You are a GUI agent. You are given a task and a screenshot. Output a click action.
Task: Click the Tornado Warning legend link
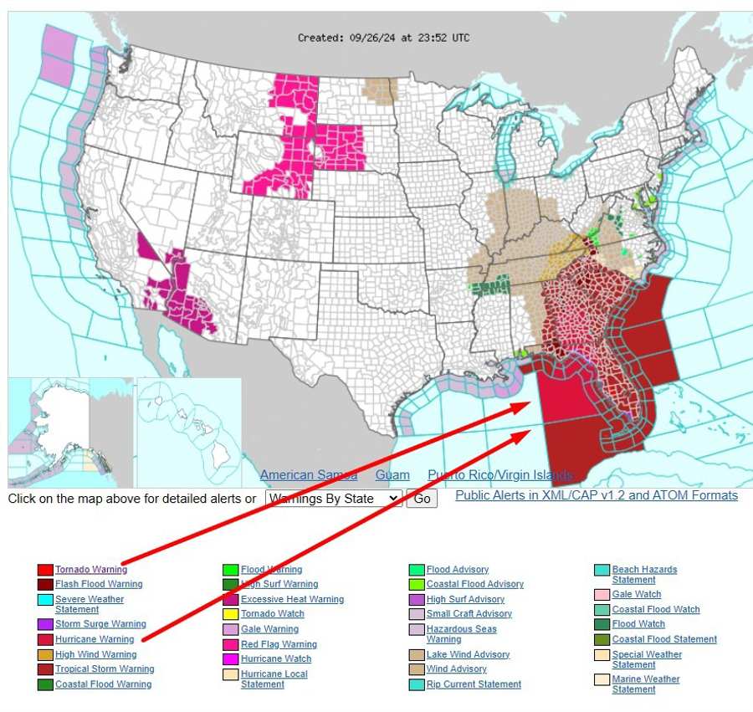coord(91,570)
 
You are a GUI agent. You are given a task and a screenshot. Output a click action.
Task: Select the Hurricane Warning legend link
coord(95,639)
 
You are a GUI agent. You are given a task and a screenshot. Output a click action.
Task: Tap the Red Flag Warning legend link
coord(279,644)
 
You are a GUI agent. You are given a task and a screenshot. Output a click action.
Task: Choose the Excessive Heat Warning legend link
coord(292,599)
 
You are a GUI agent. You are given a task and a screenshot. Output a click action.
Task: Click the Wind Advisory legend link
coord(456,668)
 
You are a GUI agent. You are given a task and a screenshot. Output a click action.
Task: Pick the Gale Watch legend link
coord(636,594)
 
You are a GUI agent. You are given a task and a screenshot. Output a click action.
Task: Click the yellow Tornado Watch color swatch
coord(230,614)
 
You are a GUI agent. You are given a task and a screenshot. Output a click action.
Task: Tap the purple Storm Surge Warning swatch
coord(45,624)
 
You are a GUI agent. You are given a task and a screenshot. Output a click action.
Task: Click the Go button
coord(422,499)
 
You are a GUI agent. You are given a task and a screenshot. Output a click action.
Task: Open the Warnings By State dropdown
coord(333,499)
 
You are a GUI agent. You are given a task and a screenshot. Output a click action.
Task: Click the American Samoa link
coord(308,475)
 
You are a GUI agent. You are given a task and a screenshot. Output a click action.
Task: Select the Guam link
coord(392,475)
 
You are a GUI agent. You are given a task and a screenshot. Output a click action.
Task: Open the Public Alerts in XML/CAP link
coord(596,495)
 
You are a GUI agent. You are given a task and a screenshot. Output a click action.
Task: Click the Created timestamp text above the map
coord(383,38)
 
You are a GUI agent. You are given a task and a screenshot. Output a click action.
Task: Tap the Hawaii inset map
coord(188,431)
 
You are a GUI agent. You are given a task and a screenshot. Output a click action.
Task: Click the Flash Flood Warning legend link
coord(99,584)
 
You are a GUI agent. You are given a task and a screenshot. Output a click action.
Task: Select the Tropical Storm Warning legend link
coord(105,668)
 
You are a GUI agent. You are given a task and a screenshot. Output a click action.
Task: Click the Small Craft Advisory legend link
coord(469,613)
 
